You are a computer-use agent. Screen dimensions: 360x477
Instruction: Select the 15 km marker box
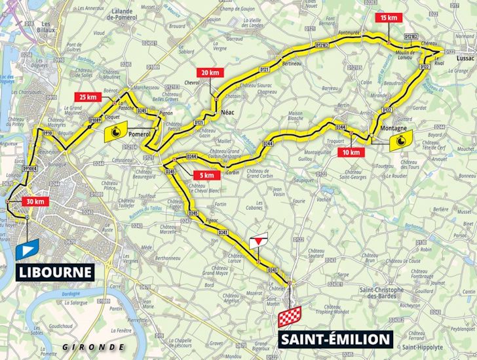389,19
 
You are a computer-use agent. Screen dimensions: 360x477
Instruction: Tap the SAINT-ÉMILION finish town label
335,340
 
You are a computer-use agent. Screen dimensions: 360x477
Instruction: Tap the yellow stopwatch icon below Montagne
399,144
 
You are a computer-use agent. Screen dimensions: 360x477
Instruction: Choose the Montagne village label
392,129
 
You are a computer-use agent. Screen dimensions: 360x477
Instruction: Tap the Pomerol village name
140,134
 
